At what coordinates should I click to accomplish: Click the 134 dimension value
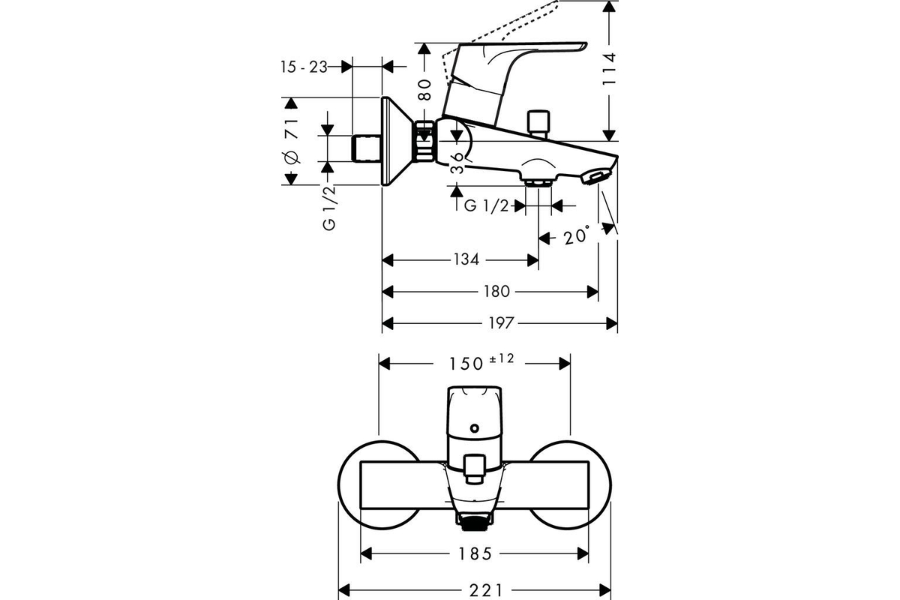click(466, 259)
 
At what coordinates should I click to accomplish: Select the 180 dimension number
click(496, 291)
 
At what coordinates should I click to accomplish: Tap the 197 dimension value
click(501, 322)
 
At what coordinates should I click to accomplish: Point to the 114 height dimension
click(610, 69)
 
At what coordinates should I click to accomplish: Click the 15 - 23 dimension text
click(304, 67)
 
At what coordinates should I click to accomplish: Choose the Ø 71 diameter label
click(292, 142)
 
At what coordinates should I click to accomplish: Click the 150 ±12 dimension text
click(481, 362)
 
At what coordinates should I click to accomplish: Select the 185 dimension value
click(475, 554)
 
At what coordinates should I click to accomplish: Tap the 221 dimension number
click(486, 591)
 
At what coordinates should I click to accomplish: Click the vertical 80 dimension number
click(424, 89)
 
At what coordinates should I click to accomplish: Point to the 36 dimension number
click(457, 163)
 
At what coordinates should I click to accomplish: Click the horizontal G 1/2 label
click(487, 205)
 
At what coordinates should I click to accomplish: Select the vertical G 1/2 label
click(329, 208)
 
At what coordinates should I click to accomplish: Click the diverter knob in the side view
click(538, 124)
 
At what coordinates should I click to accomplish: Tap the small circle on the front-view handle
click(475, 428)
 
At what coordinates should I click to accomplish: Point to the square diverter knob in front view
click(474, 468)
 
